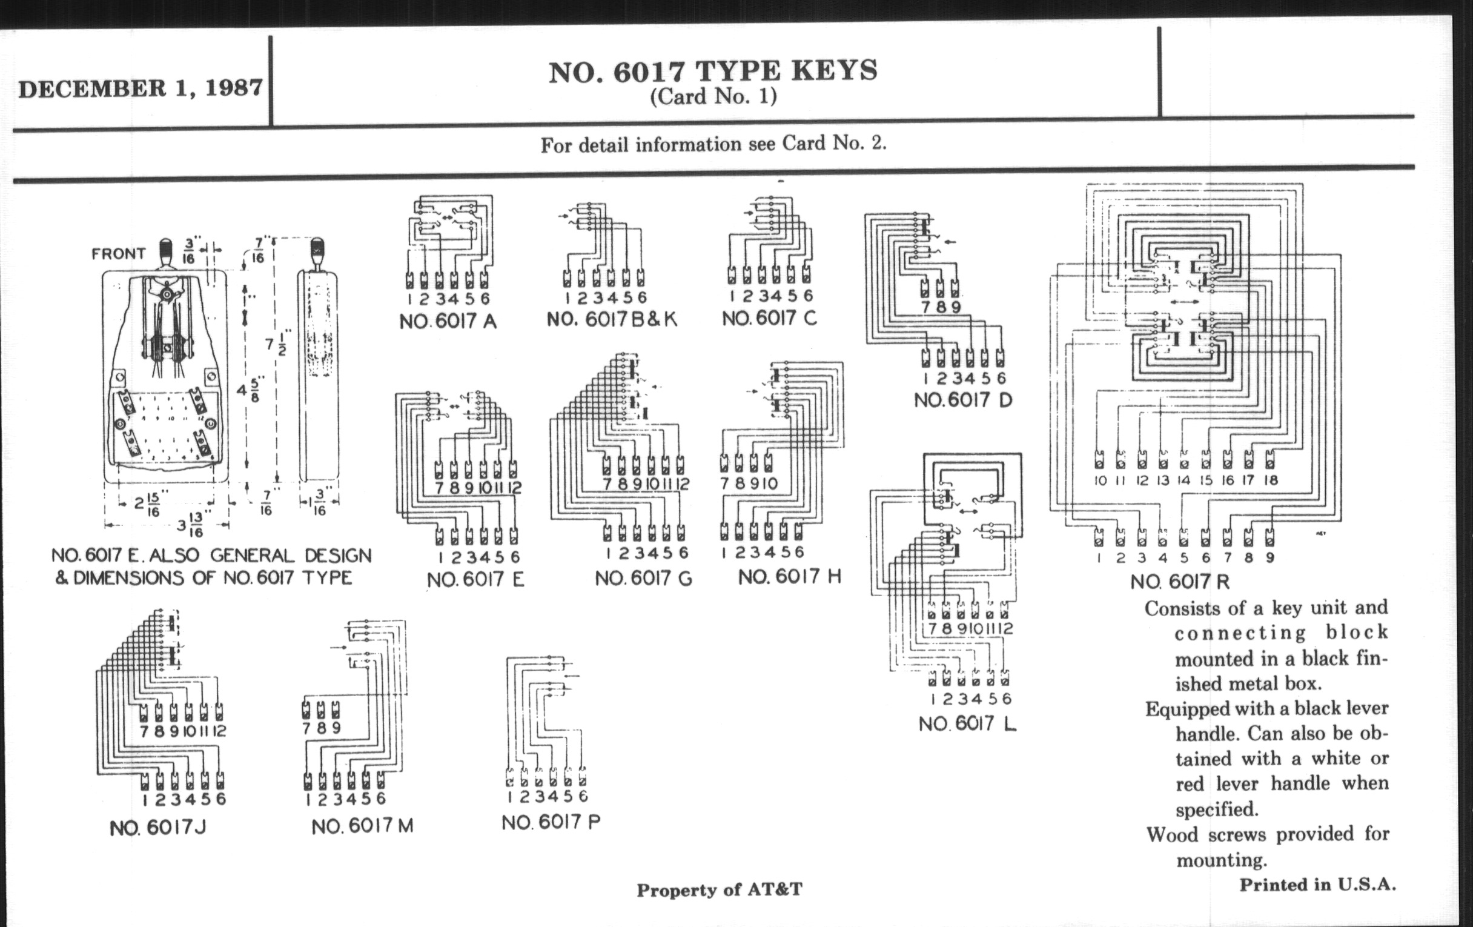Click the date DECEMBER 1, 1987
pyautogui.click(x=141, y=88)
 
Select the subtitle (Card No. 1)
pyautogui.click(x=713, y=97)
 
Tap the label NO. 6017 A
pyautogui.click(x=448, y=322)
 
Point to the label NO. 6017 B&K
pyautogui.click(x=612, y=319)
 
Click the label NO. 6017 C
pyautogui.click(x=769, y=318)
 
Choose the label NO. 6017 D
pyautogui.click(x=963, y=400)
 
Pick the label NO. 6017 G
pyautogui.click(x=643, y=578)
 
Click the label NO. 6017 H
pyautogui.click(x=789, y=576)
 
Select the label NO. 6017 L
pyautogui.click(x=967, y=724)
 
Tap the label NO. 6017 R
pyautogui.click(x=1179, y=581)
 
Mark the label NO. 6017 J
pyautogui.click(x=158, y=828)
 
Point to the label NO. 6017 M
pyautogui.click(x=362, y=826)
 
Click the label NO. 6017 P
pyautogui.click(x=551, y=822)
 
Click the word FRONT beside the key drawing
pyautogui.click(x=118, y=253)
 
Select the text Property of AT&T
pyautogui.click(x=719, y=889)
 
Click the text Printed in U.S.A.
pyautogui.click(x=1317, y=885)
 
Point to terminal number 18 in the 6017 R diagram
pyautogui.click(x=1271, y=480)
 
